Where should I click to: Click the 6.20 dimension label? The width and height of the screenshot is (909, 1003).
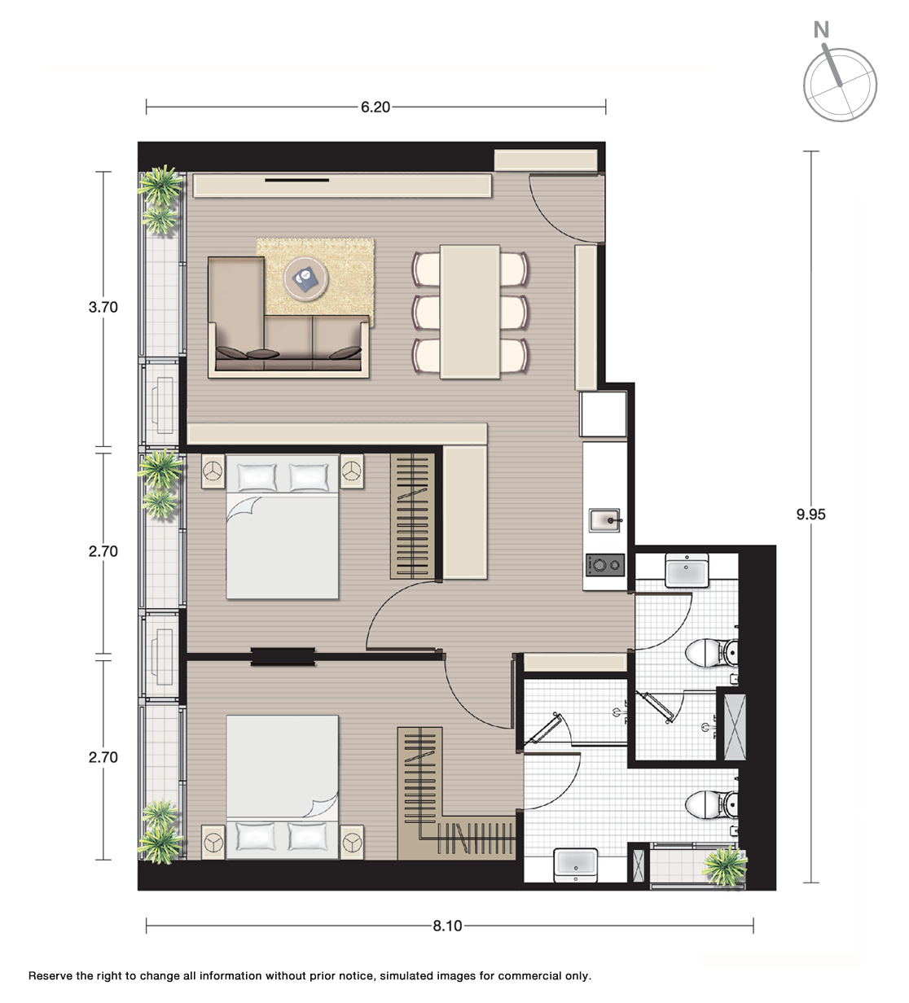(x=375, y=107)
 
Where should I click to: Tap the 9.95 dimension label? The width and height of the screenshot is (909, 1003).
(x=811, y=515)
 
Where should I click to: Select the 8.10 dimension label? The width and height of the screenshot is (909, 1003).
(x=448, y=926)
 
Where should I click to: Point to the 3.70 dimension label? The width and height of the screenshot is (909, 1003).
(x=103, y=307)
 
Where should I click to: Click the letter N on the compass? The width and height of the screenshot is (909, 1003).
(x=822, y=30)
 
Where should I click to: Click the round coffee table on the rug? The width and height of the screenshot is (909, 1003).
(x=305, y=278)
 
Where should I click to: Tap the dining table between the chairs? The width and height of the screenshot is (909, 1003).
(x=470, y=312)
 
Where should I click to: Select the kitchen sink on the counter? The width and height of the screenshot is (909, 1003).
(x=605, y=520)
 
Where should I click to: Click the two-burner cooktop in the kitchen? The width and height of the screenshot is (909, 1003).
(x=605, y=565)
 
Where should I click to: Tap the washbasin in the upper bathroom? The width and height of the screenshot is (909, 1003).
(x=687, y=570)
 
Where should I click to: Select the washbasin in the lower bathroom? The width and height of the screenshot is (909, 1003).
(x=575, y=865)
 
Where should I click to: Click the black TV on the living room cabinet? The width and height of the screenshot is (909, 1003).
(x=296, y=179)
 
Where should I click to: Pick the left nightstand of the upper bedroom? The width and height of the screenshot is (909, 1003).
(x=213, y=471)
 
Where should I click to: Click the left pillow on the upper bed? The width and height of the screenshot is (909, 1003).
(x=257, y=477)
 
